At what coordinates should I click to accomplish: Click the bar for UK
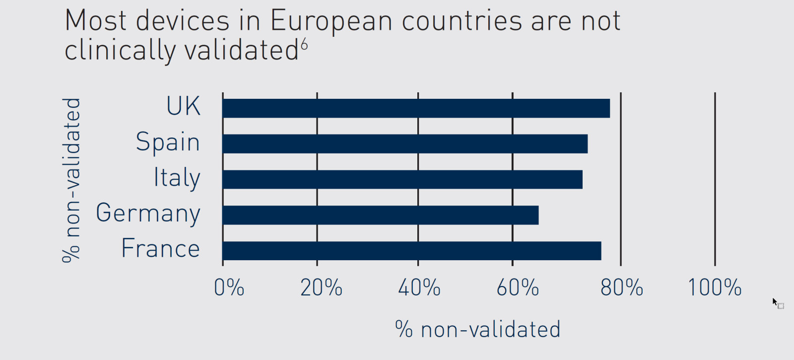[416, 108]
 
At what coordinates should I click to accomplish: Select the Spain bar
[405, 144]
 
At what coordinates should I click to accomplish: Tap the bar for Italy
[402, 179]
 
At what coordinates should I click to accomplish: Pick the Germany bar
[381, 215]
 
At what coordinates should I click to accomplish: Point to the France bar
[412, 251]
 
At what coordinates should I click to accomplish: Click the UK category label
[183, 106]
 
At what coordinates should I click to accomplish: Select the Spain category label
[168, 143]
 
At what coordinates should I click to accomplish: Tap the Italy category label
[177, 178]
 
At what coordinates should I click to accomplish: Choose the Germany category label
[148, 214]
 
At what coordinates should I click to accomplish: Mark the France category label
[160, 248]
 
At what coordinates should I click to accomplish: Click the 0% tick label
[229, 288]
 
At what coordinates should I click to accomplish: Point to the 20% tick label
[321, 288]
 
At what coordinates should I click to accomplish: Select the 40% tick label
[419, 288]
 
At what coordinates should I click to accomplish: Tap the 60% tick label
[518, 288]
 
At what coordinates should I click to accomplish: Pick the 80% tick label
[621, 288]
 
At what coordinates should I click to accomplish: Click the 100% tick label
[715, 288]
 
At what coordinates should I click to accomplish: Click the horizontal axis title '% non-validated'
[478, 329]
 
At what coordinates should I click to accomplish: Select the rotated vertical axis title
[71, 180]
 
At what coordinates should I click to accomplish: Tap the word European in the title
[331, 22]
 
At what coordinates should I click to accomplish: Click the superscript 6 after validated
[304, 45]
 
